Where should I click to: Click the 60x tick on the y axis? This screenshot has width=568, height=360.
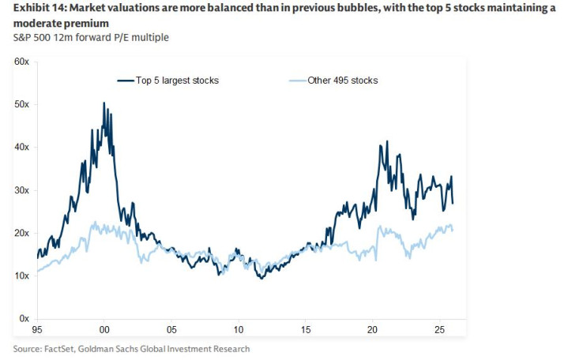pos(21,62)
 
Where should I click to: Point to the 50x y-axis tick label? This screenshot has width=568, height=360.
pos(21,104)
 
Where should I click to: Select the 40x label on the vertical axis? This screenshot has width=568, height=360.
pos(21,147)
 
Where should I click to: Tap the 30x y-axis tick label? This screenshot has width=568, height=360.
pos(21,190)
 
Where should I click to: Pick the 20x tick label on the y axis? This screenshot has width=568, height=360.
pos(21,233)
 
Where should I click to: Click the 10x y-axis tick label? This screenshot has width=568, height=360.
pos(21,276)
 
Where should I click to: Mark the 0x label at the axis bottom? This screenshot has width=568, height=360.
pos(23,318)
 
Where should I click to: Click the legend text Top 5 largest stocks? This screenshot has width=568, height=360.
pos(177,81)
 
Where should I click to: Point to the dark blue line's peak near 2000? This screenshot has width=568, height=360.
pos(104,103)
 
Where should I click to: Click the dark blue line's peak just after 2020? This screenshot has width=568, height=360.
pos(386,142)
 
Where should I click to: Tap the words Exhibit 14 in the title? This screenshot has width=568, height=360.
pos(38,9)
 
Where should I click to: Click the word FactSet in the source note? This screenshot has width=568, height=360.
pos(62,348)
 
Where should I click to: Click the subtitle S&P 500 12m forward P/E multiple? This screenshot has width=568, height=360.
pos(91,37)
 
